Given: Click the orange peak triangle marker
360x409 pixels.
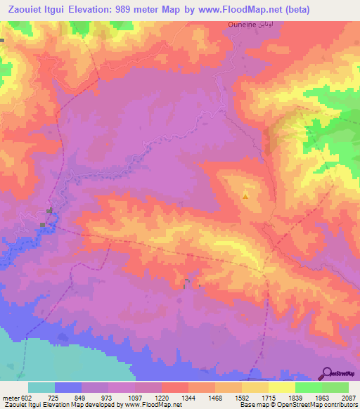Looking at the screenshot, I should click(245, 196).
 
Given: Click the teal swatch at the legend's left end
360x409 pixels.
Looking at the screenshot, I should click(41, 387).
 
